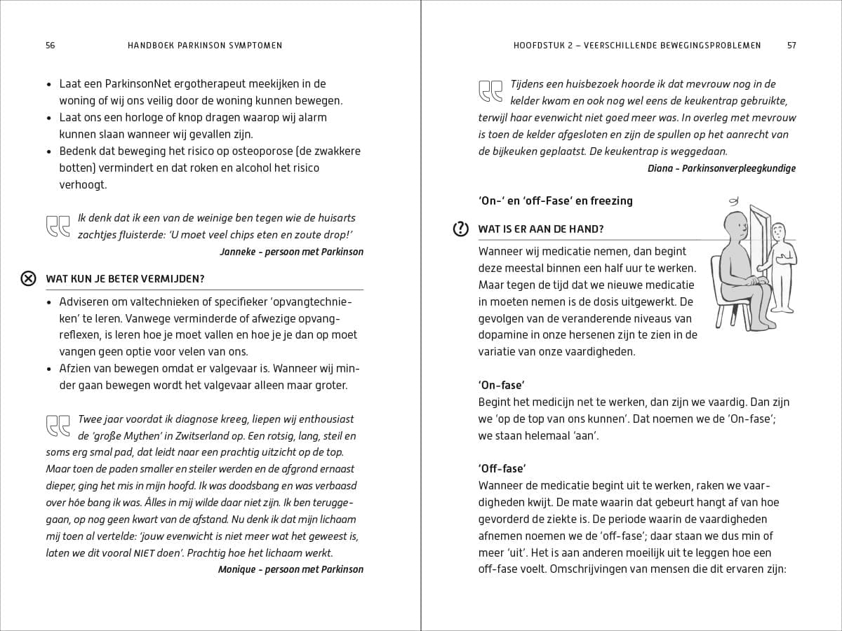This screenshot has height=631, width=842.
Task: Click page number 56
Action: (50, 46)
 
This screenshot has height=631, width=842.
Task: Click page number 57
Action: (791, 46)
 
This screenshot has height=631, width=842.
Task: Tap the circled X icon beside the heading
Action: (28, 278)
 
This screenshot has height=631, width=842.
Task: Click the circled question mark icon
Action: (460, 229)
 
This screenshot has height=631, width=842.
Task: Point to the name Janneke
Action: (239, 252)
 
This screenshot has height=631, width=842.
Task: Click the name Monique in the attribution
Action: (237, 569)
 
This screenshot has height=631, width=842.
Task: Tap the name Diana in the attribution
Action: (661, 168)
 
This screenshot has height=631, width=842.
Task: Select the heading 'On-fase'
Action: (502, 385)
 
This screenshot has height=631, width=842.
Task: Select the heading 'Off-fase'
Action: (502, 468)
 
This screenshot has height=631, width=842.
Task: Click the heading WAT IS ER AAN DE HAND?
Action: (541, 229)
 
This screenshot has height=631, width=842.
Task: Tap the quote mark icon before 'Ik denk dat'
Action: (58, 226)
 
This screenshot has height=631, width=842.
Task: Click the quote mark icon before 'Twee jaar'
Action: (58, 426)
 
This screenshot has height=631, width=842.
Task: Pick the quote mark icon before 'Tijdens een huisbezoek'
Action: (490, 91)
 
